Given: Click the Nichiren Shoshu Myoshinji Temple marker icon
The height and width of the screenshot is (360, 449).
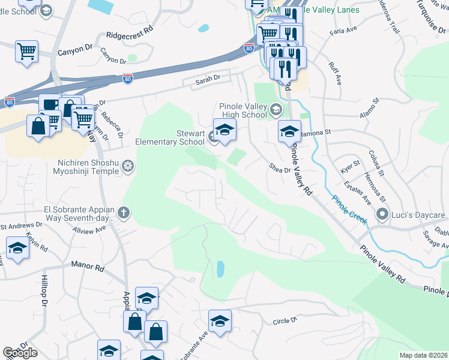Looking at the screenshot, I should (x=127, y=166).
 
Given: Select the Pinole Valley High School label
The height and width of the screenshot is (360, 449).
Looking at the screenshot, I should (x=243, y=110).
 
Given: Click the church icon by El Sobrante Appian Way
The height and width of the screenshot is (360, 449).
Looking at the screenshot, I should (x=124, y=212).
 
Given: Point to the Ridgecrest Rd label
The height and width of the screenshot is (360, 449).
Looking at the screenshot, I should (x=130, y=36).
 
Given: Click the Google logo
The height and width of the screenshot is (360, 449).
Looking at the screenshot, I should (x=20, y=353).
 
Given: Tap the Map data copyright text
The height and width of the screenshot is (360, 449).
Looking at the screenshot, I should (x=424, y=355).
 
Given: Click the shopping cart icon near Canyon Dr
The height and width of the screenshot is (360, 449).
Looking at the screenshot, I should (x=26, y=51).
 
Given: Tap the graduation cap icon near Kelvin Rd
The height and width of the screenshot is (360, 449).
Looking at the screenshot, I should (x=18, y=248).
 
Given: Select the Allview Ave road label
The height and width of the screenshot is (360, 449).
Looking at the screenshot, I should (x=89, y=230).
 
